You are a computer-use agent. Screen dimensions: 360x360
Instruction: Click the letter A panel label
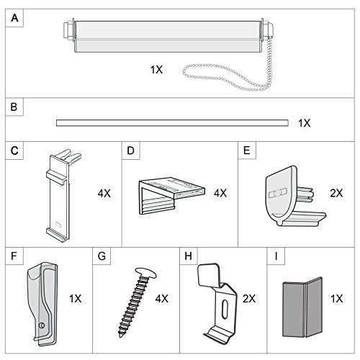[x=14, y=18]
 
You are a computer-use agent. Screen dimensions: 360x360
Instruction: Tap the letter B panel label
[x=14, y=107]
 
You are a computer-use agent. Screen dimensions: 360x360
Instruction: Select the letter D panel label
[x=130, y=150]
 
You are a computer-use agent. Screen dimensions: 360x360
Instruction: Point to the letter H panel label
[x=189, y=256]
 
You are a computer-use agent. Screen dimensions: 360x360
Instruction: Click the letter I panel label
[x=276, y=256]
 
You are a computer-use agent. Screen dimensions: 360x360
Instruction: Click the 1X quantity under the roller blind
[x=156, y=70]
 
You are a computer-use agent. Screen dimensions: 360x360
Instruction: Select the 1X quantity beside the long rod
[x=305, y=123]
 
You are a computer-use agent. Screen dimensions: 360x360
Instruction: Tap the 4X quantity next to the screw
[x=162, y=299]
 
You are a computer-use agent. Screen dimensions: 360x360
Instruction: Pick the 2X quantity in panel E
[x=336, y=193]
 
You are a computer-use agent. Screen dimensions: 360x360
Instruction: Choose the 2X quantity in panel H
[x=249, y=299]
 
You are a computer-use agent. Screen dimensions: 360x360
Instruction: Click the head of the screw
[x=145, y=273]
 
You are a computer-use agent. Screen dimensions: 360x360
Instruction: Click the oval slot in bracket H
[x=225, y=309]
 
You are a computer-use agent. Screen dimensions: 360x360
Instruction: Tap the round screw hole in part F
[x=42, y=325]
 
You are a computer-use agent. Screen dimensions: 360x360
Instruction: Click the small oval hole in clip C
[x=58, y=224]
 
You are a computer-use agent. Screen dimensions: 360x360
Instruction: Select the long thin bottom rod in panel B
[x=172, y=123]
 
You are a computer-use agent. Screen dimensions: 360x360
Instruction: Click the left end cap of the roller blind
[x=68, y=30]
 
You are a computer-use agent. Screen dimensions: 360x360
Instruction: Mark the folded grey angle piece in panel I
[x=302, y=307]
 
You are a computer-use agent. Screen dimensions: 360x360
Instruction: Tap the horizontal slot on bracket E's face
[x=278, y=193]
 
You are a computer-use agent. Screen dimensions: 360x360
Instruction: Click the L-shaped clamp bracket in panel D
[x=171, y=196]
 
